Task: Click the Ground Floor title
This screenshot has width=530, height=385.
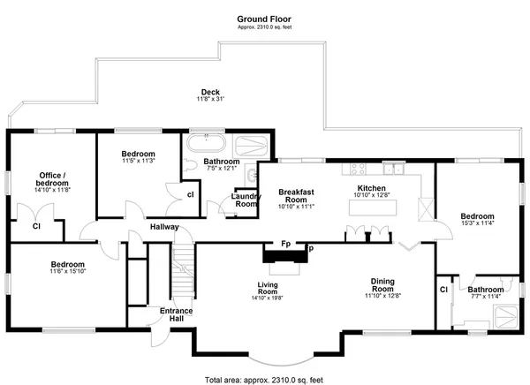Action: coord(264,18)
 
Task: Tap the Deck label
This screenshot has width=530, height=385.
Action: coord(209,92)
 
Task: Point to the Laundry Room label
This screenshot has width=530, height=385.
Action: coord(244,200)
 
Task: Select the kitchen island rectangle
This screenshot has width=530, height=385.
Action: coord(374,208)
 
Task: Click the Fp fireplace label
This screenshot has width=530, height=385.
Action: coord(286,243)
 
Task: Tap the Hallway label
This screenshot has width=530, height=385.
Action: coord(164,227)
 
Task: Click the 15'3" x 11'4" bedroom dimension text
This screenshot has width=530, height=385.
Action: coord(476,223)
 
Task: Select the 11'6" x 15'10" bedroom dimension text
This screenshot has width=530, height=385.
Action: coord(66,273)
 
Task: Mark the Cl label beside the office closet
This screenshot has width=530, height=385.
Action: coord(37,226)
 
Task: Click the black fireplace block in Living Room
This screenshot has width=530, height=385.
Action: coord(284,256)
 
